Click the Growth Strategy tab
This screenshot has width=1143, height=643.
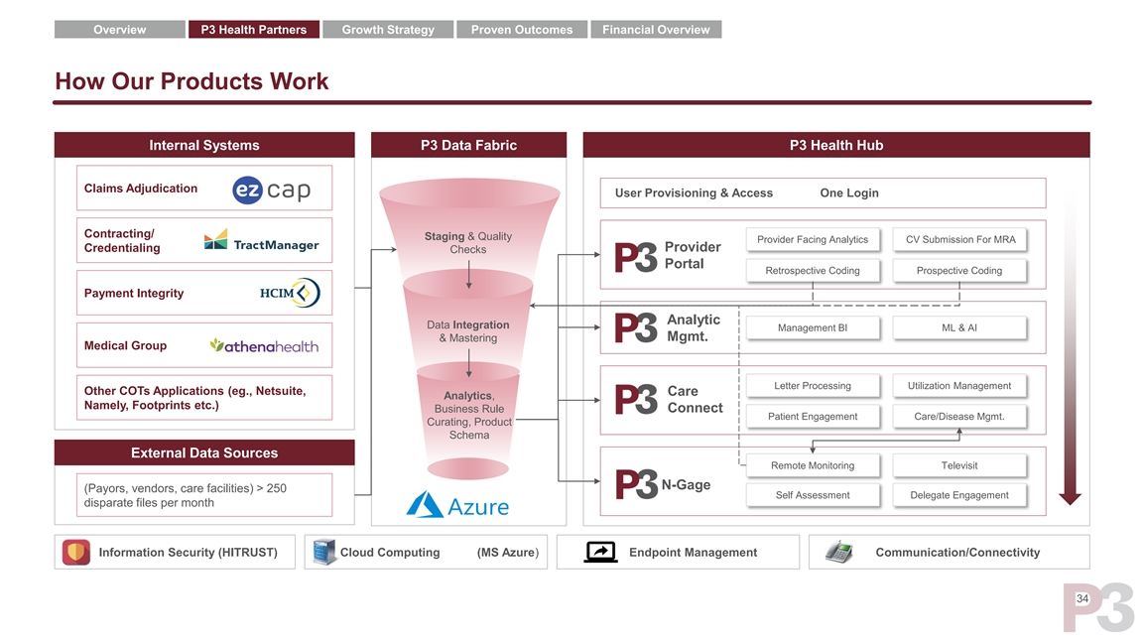click(x=388, y=30)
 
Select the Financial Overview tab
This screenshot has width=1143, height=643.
click(x=656, y=30)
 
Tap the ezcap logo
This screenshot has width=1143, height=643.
click(x=271, y=190)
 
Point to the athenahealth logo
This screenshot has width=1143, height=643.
click(x=264, y=345)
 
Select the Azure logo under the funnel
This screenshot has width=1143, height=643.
click(x=457, y=505)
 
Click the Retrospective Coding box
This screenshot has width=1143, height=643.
click(x=813, y=271)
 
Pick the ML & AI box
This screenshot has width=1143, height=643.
click(x=959, y=328)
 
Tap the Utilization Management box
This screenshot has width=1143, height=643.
click(x=959, y=386)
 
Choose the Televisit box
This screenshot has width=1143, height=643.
click(x=959, y=465)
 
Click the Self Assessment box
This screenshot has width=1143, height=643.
click(x=813, y=495)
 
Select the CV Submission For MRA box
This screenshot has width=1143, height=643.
click(x=959, y=239)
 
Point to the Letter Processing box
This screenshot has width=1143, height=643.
click(x=813, y=386)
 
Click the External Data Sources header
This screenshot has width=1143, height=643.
click(x=204, y=452)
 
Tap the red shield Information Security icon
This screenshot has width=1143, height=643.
click(x=76, y=553)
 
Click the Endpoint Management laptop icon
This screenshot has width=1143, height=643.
click(x=601, y=553)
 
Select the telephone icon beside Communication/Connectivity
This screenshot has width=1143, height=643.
click(x=838, y=553)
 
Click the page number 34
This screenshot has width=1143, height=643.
click(x=1081, y=598)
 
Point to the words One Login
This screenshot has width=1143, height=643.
click(x=849, y=193)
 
